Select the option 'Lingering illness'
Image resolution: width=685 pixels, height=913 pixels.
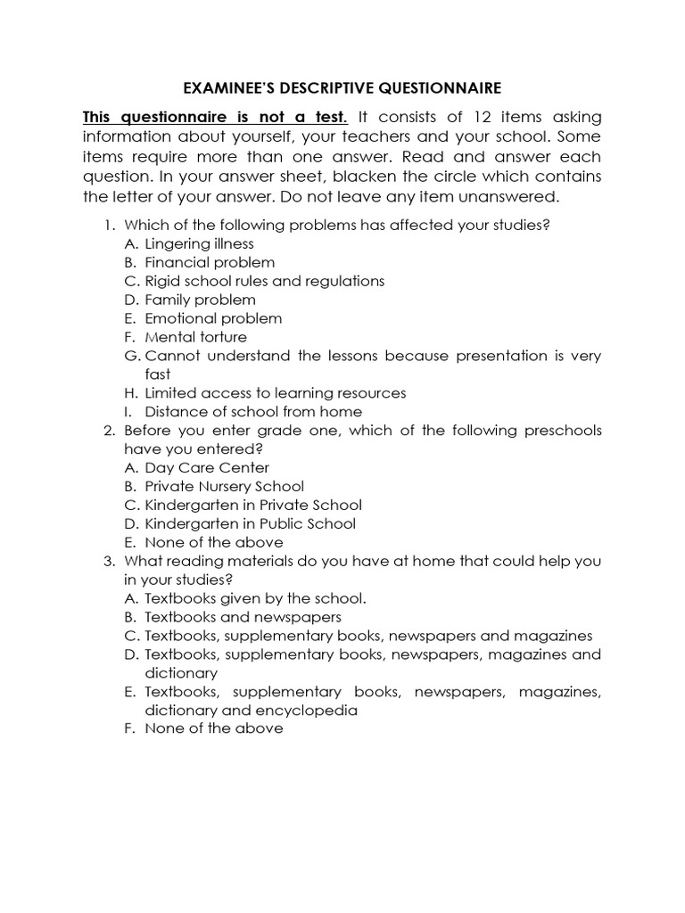pos(199,243)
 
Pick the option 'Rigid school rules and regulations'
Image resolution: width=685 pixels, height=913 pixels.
pos(252,281)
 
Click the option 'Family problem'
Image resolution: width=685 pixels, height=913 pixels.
pos(200,300)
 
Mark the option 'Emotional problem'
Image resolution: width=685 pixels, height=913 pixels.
pos(213,318)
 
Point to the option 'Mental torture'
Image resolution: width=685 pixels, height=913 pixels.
pos(195,337)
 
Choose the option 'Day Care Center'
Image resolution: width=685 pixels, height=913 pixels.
pos(207,467)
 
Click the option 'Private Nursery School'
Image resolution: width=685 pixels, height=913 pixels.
pos(224,486)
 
